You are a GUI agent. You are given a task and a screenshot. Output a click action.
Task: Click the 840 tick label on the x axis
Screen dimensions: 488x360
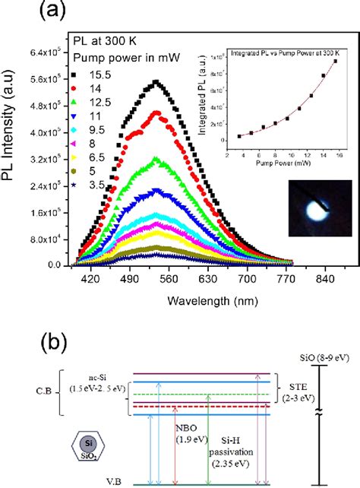pyautogui.click(x=326, y=279)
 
